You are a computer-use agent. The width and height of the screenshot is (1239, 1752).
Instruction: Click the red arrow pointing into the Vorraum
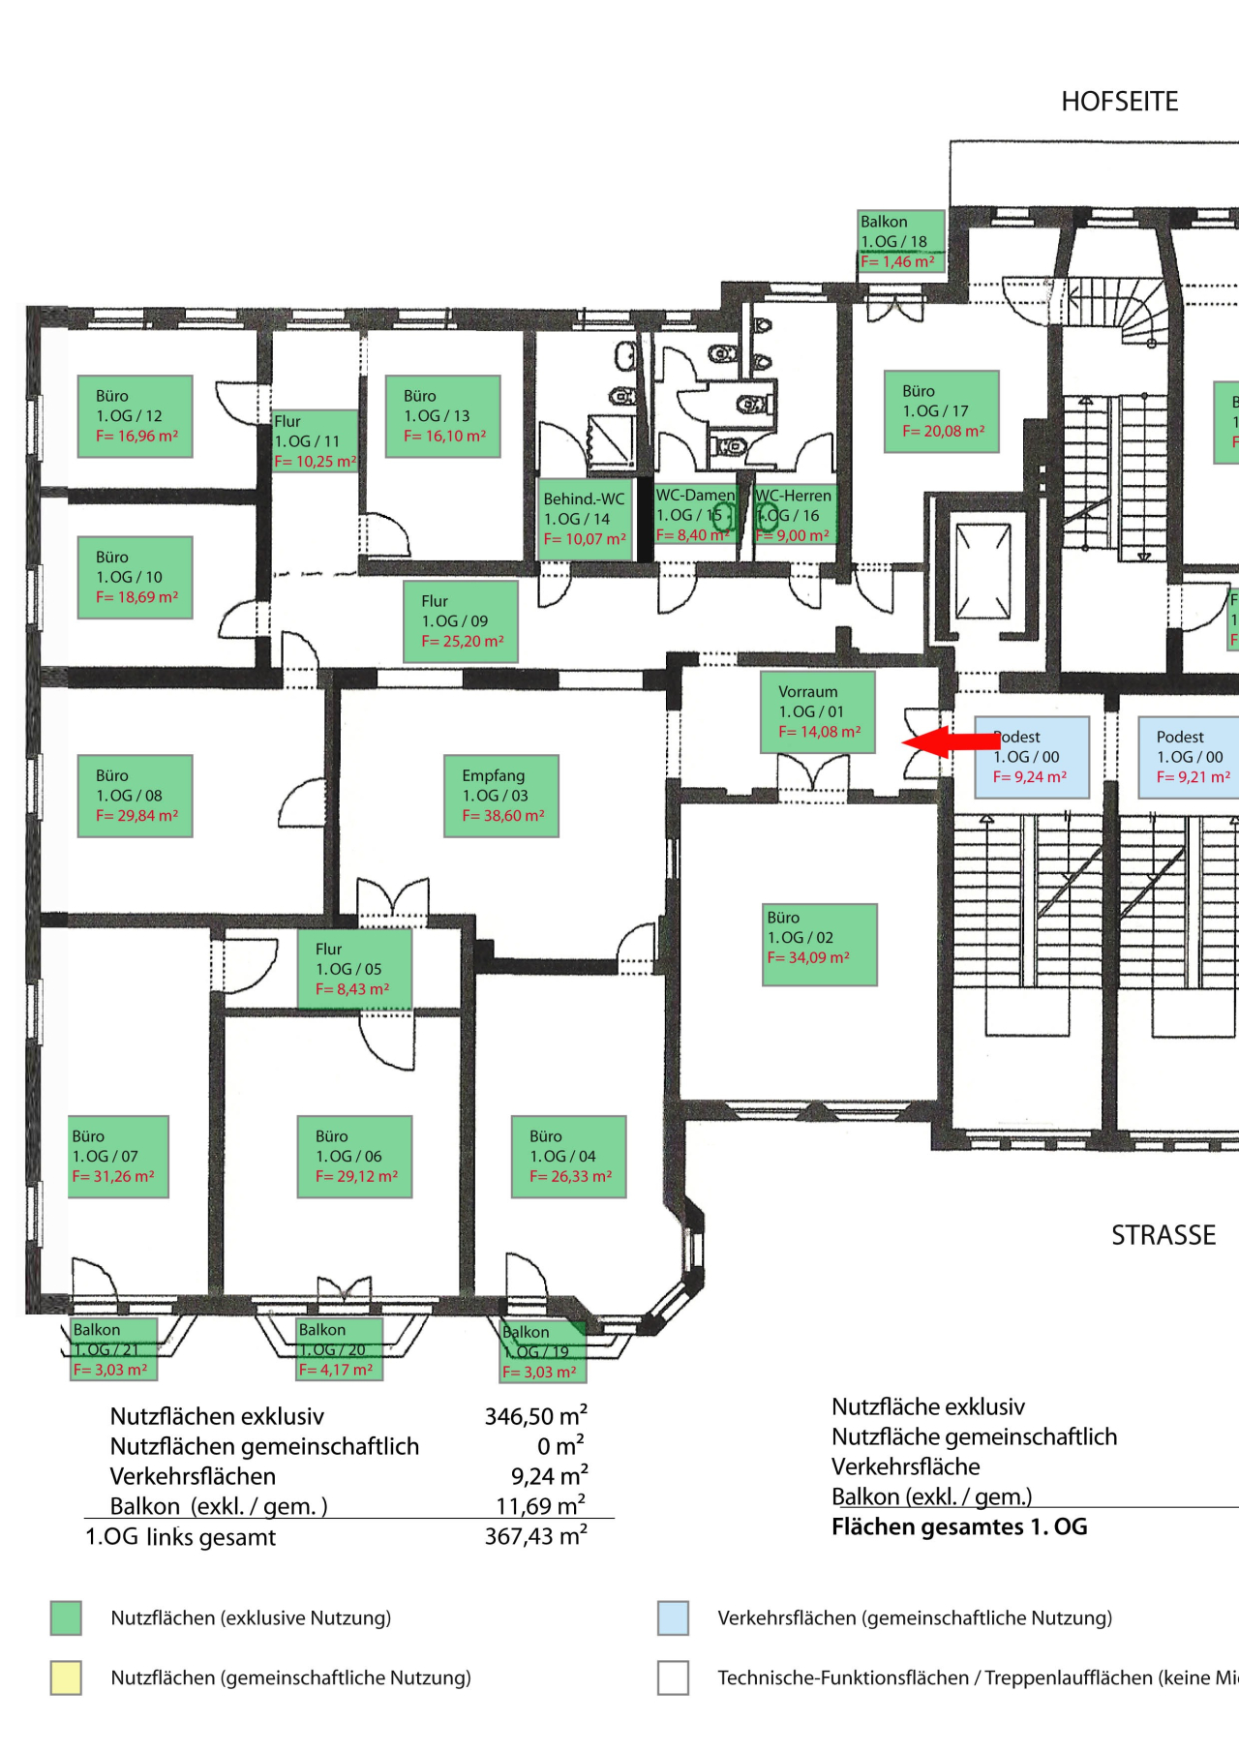pyautogui.click(x=949, y=742)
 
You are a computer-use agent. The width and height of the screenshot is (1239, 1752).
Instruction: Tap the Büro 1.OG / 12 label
pyautogui.click(x=136, y=416)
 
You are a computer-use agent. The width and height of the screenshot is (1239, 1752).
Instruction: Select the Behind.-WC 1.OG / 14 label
pyautogui.click(x=585, y=519)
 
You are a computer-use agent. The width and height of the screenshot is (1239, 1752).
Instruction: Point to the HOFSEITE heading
pyautogui.click(x=1119, y=102)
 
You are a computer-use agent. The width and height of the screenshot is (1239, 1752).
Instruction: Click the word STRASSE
pyautogui.click(x=1163, y=1235)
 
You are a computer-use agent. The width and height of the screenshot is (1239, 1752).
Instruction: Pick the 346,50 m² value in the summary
pyautogui.click(x=535, y=1416)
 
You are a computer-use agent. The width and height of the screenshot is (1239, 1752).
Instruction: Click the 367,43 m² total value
pyautogui.click(x=535, y=1536)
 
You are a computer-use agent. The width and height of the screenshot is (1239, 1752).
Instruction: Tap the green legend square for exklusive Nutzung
pyautogui.click(x=66, y=1617)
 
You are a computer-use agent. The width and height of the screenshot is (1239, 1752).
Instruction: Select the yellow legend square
pyautogui.click(x=66, y=1677)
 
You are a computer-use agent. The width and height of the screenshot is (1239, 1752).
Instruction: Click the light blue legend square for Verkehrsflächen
pyautogui.click(x=673, y=1617)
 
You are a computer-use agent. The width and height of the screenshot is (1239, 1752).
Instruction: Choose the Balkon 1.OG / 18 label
pyautogui.click(x=900, y=241)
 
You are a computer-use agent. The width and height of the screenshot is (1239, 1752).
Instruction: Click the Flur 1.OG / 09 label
pyautogui.click(x=461, y=621)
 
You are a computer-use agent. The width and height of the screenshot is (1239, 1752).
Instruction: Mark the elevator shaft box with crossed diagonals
pyautogui.click(x=982, y=570)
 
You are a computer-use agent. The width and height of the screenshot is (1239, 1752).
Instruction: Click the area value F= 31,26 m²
pyautogui.click(x=113, y=1177)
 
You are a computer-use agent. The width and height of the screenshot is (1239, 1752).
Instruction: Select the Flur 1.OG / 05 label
pyautogui.click(x=354, y=969)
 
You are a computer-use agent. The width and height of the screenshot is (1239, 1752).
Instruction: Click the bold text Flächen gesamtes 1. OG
pyautogui.click(x=958, y=1526)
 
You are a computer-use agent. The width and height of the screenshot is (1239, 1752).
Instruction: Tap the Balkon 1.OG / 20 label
pyautogui.click(x=339, y=1348)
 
